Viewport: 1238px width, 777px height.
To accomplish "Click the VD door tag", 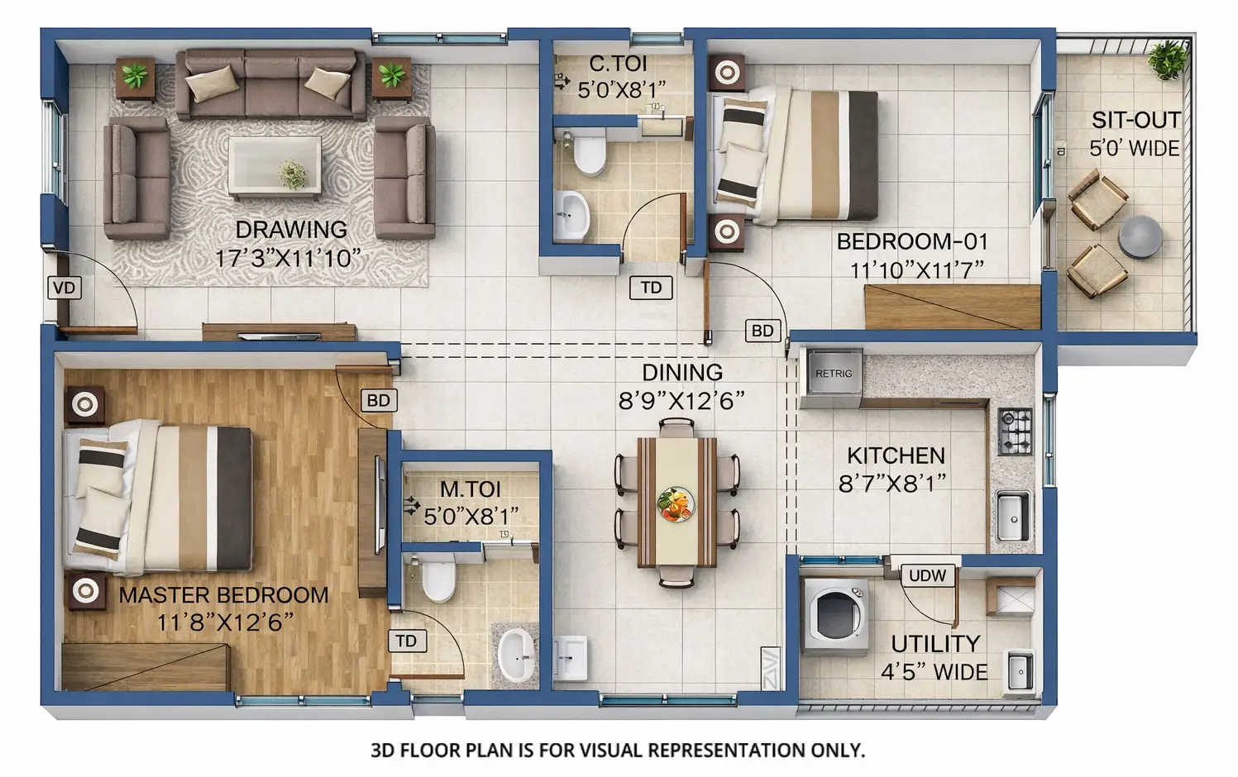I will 64,288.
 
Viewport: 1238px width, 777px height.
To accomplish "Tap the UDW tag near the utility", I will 927,575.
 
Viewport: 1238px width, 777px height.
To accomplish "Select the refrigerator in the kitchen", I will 832,376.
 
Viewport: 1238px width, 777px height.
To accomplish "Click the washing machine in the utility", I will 835,614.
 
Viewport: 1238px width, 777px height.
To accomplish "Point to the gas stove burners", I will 1015,431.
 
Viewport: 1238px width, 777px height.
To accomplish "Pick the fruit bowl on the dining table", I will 676,503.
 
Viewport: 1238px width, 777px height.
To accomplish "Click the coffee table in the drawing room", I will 275,166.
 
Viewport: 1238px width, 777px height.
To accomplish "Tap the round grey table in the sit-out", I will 1140,236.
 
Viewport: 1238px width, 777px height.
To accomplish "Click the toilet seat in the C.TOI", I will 590,155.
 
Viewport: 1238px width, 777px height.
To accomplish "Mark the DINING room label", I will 682,373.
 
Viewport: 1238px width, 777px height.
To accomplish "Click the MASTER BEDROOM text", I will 223,594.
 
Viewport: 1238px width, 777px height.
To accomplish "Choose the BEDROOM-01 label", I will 912,241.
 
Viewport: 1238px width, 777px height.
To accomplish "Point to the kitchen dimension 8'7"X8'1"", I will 892,484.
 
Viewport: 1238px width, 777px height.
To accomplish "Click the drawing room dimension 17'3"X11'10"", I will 289,258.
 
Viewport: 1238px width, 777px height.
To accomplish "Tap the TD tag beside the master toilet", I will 405,641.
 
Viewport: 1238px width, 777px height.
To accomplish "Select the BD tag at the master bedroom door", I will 378,400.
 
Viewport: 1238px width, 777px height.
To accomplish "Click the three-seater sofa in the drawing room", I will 270,84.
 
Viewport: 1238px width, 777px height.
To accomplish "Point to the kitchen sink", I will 1012,516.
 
